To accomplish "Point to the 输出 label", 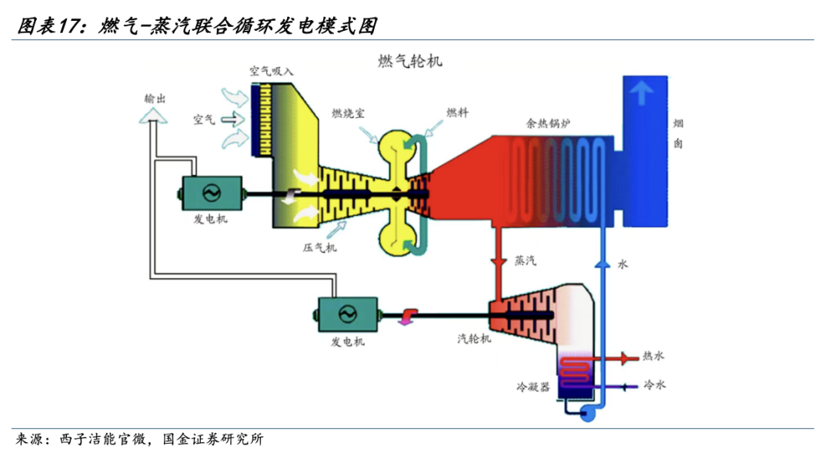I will tap(155, 99).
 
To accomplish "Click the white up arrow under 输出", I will tap(152, 116).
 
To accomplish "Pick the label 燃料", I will tap(457, 112).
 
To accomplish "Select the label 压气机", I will tap(319, 248).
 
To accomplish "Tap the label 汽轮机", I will tap(474, 339).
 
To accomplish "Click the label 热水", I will tap(654, 357).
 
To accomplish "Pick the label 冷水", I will tap(654, 384).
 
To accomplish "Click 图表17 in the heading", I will tap(49, 27).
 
